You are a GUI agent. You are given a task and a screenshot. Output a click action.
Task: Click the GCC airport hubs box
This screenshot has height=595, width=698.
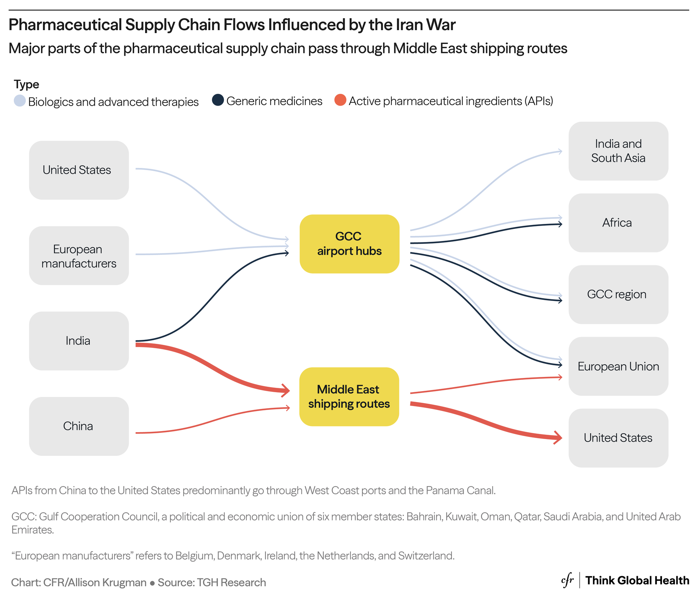349,244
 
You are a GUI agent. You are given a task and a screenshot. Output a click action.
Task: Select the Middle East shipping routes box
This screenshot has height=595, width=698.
349,397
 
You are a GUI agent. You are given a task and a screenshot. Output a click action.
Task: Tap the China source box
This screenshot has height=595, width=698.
79,426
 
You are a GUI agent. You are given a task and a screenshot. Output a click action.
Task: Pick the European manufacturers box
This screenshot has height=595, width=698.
79,256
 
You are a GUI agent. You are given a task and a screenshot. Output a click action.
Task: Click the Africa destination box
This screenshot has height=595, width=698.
618,222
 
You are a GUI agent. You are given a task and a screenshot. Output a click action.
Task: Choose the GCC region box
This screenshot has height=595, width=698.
618,294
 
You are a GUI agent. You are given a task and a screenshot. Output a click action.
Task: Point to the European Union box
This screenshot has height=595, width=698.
618,366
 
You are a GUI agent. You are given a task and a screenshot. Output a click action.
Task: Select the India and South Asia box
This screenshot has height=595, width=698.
618,151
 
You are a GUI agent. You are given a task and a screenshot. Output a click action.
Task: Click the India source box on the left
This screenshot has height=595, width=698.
79,341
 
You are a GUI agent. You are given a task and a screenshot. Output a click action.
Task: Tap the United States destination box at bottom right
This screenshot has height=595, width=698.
618,438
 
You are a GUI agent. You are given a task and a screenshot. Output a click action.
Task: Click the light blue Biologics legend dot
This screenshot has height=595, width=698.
20,101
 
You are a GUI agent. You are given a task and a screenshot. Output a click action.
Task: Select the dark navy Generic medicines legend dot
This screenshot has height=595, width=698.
218,100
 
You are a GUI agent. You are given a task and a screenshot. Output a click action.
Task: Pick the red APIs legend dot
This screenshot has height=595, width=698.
340,100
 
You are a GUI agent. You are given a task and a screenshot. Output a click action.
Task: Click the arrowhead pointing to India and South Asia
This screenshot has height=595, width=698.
560,151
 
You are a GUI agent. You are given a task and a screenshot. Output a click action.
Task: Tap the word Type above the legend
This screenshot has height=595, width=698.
26,84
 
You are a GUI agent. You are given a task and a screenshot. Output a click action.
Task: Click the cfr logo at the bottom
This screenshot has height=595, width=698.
567,580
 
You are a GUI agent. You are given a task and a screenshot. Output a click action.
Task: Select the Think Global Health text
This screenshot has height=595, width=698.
637,580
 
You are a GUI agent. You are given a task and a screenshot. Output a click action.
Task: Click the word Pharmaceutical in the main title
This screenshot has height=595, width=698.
65,25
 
